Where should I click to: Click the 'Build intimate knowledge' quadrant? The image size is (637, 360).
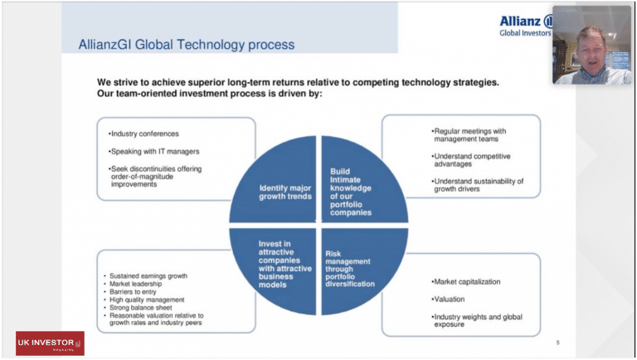point(364,178)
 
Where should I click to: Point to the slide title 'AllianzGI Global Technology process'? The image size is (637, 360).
point(186,44)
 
